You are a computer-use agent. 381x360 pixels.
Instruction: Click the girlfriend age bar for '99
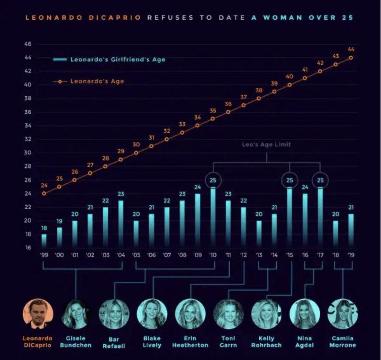coord(44,241)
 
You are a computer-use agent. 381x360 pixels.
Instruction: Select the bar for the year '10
coord(213,217)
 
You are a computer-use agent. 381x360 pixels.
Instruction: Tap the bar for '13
coord(259,234)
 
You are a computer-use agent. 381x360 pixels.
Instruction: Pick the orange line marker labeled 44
coord(351,58)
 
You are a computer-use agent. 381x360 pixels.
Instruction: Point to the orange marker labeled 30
coord(136,153)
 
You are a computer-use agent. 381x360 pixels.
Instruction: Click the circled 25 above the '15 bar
coord(290,180)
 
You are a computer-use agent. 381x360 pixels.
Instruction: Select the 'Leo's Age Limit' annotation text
coord(266,144)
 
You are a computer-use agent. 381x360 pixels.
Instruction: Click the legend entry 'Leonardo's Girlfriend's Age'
coord(117,59)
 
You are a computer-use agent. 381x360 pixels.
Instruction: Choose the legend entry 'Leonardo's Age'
coord(97,81)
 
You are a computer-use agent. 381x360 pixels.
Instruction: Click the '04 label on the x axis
coord(121,255)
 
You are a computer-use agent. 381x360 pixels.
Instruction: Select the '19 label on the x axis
coord(351,255)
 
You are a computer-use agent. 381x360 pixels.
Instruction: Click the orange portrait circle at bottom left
coord(38,314)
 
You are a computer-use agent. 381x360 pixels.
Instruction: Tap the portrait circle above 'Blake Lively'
coord(152,314)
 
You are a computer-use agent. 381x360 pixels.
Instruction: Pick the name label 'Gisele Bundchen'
coord(76,342)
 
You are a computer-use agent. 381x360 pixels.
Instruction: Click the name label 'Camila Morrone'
coord(343,342)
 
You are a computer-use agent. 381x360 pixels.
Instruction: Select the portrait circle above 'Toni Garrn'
coord(228,314)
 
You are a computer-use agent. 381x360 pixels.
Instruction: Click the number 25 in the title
coord(347,17)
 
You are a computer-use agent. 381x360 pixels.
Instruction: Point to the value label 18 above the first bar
coord(44,228)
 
